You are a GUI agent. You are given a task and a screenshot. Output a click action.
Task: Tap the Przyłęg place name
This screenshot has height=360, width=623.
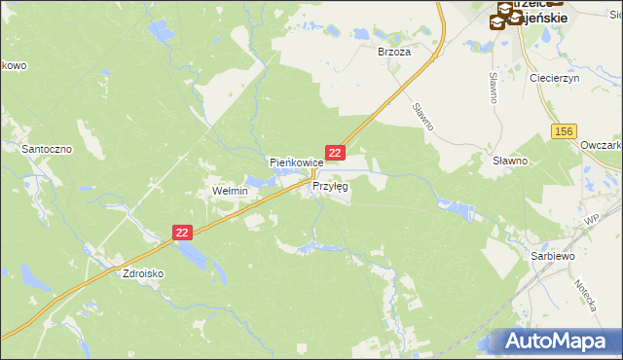[330, 186]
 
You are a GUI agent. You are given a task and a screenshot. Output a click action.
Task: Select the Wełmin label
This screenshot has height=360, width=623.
[231, 192]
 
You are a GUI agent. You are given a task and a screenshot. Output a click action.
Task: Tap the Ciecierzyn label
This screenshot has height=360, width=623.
[554, 78]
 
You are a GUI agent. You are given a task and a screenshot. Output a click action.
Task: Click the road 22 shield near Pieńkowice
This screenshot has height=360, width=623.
[335, 154]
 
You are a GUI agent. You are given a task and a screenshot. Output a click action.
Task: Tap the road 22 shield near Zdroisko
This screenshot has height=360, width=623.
[183, 233]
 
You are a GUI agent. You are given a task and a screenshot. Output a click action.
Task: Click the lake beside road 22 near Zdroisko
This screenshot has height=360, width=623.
[195, 255]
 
